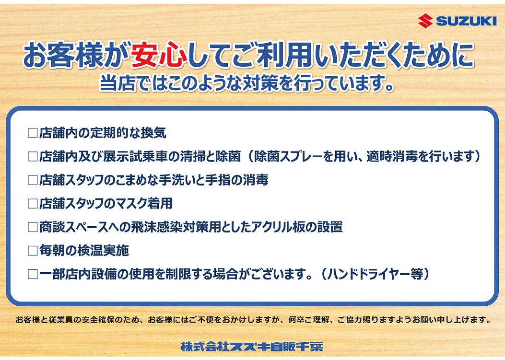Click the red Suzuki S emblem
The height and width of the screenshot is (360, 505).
(x=425, y=21)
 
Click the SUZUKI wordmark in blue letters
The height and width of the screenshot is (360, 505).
(x=466, y=21)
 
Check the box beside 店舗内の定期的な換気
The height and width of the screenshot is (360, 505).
(x=33, y=133)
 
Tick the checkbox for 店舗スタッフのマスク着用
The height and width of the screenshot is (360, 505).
(x=33, y=204)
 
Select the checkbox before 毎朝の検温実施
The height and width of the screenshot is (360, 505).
(x=33, y=251)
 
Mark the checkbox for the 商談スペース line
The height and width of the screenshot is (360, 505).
(x=33, y=227)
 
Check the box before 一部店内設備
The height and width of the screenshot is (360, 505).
(x=33, y=274)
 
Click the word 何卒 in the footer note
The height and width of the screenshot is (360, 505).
(x=296, y=320)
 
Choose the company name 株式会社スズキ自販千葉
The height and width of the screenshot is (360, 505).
(x=252, y=347)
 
